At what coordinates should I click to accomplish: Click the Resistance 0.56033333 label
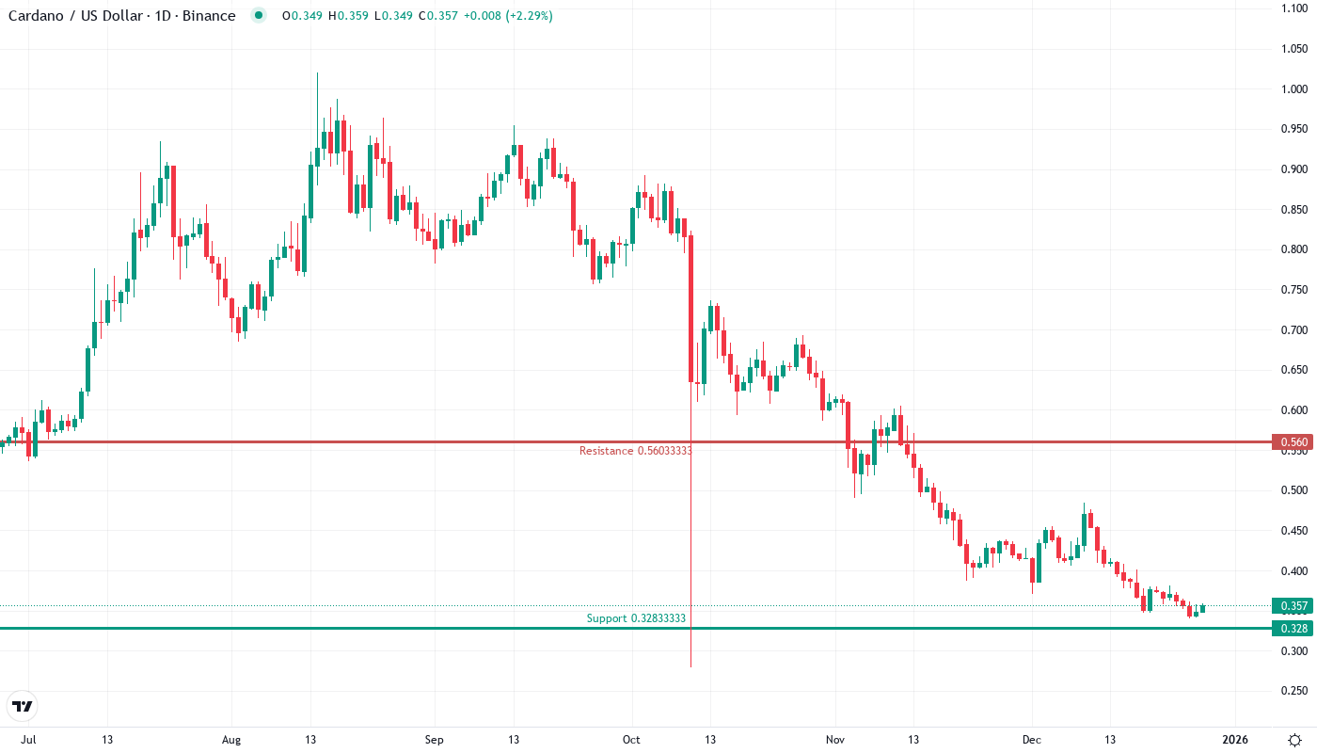tap(635, 451)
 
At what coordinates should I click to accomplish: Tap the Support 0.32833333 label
tap(636, 618)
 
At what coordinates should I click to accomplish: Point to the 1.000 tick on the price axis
tap(1293, 89)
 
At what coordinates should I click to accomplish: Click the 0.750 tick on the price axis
tap(1293, 290)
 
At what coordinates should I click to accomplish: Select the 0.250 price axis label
tap(1293, 691)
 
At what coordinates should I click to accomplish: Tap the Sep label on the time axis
tap(434, 740)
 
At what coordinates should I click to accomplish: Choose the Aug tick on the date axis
tap(231, 740)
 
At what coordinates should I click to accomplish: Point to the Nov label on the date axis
tap(833, 740)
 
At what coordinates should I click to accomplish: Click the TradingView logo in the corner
tap(23, 706)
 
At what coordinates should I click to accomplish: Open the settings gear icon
tap(1295, 740)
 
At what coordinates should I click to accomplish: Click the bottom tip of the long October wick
tap(691, 666)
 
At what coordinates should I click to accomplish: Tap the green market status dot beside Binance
tap(259, 16)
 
